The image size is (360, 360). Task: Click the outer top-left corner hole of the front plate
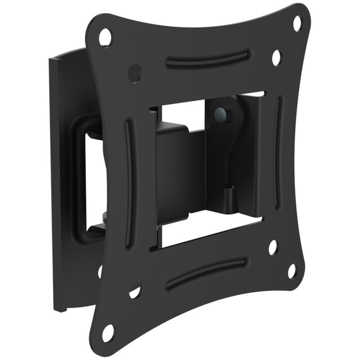[105, 37]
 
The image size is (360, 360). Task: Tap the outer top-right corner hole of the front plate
[297, 23]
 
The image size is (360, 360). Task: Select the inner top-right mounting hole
[276, 57]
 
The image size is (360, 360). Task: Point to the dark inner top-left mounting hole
[134, 73]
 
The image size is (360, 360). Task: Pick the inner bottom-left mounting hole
[135, 290]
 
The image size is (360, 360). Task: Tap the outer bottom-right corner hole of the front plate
[291, 271]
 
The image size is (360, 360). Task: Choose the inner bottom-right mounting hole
[272, 247]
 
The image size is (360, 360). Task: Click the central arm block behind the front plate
[180, 170]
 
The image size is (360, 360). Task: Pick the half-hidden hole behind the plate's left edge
[100, 271]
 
